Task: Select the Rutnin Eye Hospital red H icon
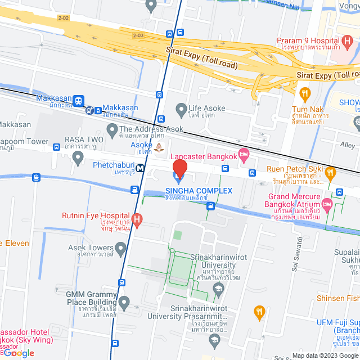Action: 136,218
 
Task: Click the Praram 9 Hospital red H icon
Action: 347,42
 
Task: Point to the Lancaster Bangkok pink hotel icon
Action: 244,154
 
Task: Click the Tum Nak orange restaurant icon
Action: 305,93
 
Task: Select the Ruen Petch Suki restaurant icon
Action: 330,172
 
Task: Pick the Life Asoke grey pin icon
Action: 181,109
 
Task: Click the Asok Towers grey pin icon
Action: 120,248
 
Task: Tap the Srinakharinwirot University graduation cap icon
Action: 218,289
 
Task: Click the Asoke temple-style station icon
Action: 160,148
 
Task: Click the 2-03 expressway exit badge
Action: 138,35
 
